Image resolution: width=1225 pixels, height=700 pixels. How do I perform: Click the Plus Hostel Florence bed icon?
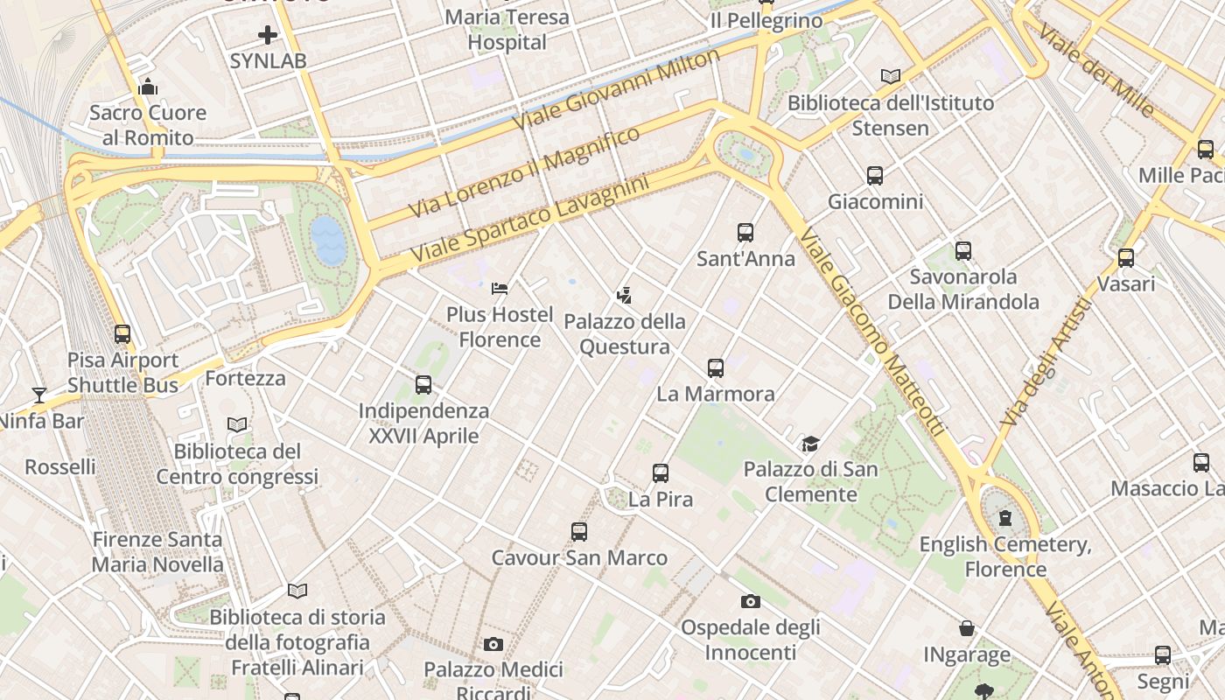click(x=500, y=288)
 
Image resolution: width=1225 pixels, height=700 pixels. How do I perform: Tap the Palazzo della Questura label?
click(x=625, y=334)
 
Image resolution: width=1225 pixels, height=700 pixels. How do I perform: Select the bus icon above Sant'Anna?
click(x=745, y=233)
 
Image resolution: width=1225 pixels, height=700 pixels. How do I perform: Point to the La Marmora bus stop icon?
click(x=716, y=368)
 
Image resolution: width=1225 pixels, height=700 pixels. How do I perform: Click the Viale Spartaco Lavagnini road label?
click(x=530, y=217)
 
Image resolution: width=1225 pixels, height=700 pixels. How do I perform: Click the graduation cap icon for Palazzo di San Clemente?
click(x=811, y=444)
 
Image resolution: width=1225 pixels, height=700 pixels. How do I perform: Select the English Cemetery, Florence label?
click(x=1005, y=557)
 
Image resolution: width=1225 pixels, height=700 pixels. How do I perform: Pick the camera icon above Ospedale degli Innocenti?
click(x=751, y=601)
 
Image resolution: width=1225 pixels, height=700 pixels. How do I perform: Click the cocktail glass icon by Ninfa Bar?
click(x=39, y=395)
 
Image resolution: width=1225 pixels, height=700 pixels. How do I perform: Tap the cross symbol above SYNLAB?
click(x=268, y=36)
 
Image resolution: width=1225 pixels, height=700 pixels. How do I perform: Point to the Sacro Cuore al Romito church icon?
click(x=148, y=87)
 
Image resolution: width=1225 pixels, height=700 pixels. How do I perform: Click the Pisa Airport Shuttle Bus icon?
click(x=122, y=334)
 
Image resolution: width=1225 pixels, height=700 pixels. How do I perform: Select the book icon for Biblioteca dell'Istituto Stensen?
click(x=891, y=77)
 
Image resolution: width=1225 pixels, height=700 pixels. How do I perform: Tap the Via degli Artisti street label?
click(x=1046, y=361)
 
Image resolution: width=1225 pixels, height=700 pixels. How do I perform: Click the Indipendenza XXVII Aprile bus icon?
click(x=423, y=385)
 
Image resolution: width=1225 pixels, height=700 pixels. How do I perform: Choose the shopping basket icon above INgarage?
click(x=967, y=628)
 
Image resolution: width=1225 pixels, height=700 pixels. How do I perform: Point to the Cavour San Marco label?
click(x=579, y=558)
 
